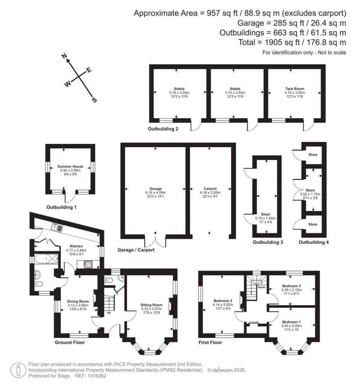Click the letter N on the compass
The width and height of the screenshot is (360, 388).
[x=64, y=56]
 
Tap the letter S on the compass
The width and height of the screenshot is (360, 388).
[x=94, y=100]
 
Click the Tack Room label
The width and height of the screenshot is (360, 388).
[x=295, y=89]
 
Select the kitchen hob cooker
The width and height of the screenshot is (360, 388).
[x=88, y=264]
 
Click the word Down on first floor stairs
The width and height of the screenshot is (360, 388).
[x=261, y=287]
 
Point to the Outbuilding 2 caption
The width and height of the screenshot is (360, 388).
[x=162, y=129]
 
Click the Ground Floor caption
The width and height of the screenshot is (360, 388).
[x=70, y=342]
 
